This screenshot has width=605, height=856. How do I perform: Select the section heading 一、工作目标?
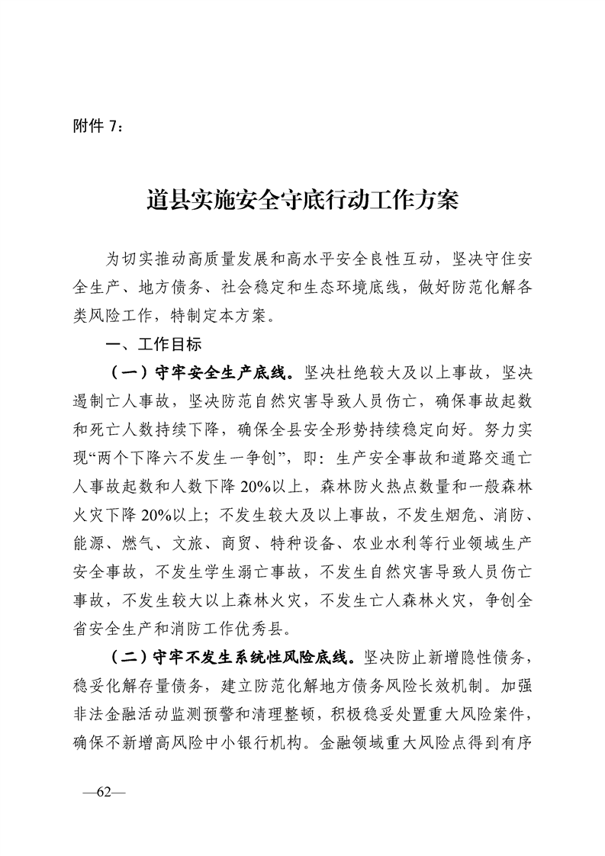tap(153, 345)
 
